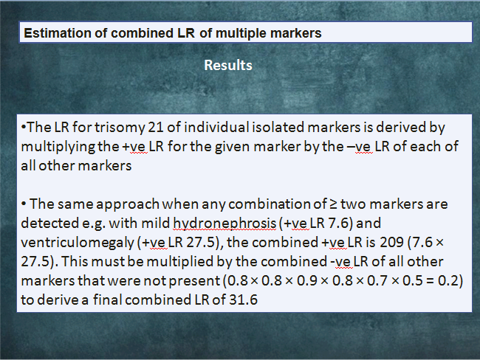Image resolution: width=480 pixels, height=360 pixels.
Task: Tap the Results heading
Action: pos(228,65)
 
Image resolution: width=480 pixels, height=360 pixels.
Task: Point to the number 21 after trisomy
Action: pos(156,127)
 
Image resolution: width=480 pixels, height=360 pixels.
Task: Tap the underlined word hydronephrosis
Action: pos(224,224)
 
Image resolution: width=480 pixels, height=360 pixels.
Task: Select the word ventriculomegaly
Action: pos(78,243)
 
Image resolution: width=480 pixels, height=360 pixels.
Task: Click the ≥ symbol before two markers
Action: pos(333,204)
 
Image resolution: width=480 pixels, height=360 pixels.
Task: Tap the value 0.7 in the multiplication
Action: pos(377,281)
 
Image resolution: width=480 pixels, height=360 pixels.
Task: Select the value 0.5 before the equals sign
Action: pos(412,281)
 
